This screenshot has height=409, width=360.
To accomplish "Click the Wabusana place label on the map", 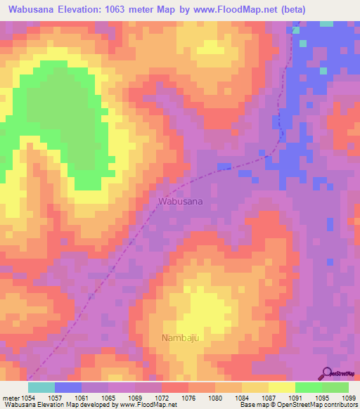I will point(181,201).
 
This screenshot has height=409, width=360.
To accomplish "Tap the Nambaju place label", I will point(181,338).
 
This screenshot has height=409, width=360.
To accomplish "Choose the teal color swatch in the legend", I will point(41,387).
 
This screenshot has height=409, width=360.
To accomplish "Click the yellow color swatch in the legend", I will point(281,387).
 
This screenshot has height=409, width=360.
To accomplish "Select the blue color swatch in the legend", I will point(68,387).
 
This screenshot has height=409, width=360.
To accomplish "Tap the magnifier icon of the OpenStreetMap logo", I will point(326,373).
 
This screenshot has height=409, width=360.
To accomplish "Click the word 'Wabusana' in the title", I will point(32,10).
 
